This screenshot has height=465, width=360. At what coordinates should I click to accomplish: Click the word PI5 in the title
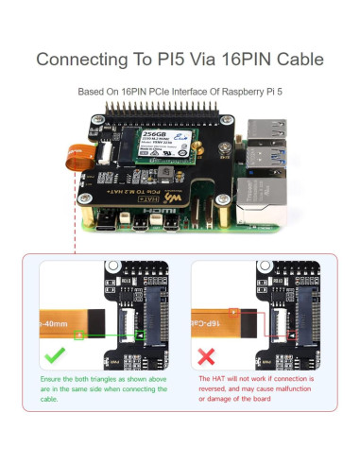180,59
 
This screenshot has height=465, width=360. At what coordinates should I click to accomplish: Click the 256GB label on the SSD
153,135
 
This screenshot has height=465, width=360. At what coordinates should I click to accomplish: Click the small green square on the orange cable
81,335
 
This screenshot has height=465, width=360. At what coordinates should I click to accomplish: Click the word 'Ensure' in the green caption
51,378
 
